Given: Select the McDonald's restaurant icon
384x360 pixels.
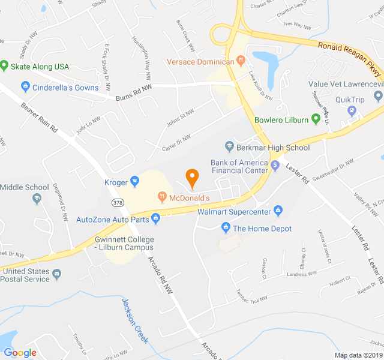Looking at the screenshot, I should coord(161,197).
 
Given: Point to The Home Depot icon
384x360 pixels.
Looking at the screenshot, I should coord(226,228).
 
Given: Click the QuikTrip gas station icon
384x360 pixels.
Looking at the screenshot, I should coord(352,110).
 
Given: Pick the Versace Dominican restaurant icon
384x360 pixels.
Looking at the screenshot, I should coord(241,61).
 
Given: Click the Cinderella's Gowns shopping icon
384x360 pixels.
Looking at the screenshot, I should coord(25,88).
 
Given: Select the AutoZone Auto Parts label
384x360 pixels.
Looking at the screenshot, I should coord(112,220).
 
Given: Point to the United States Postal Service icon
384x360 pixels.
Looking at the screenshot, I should coord(57,275).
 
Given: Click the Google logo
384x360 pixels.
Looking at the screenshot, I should coord(20,353).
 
